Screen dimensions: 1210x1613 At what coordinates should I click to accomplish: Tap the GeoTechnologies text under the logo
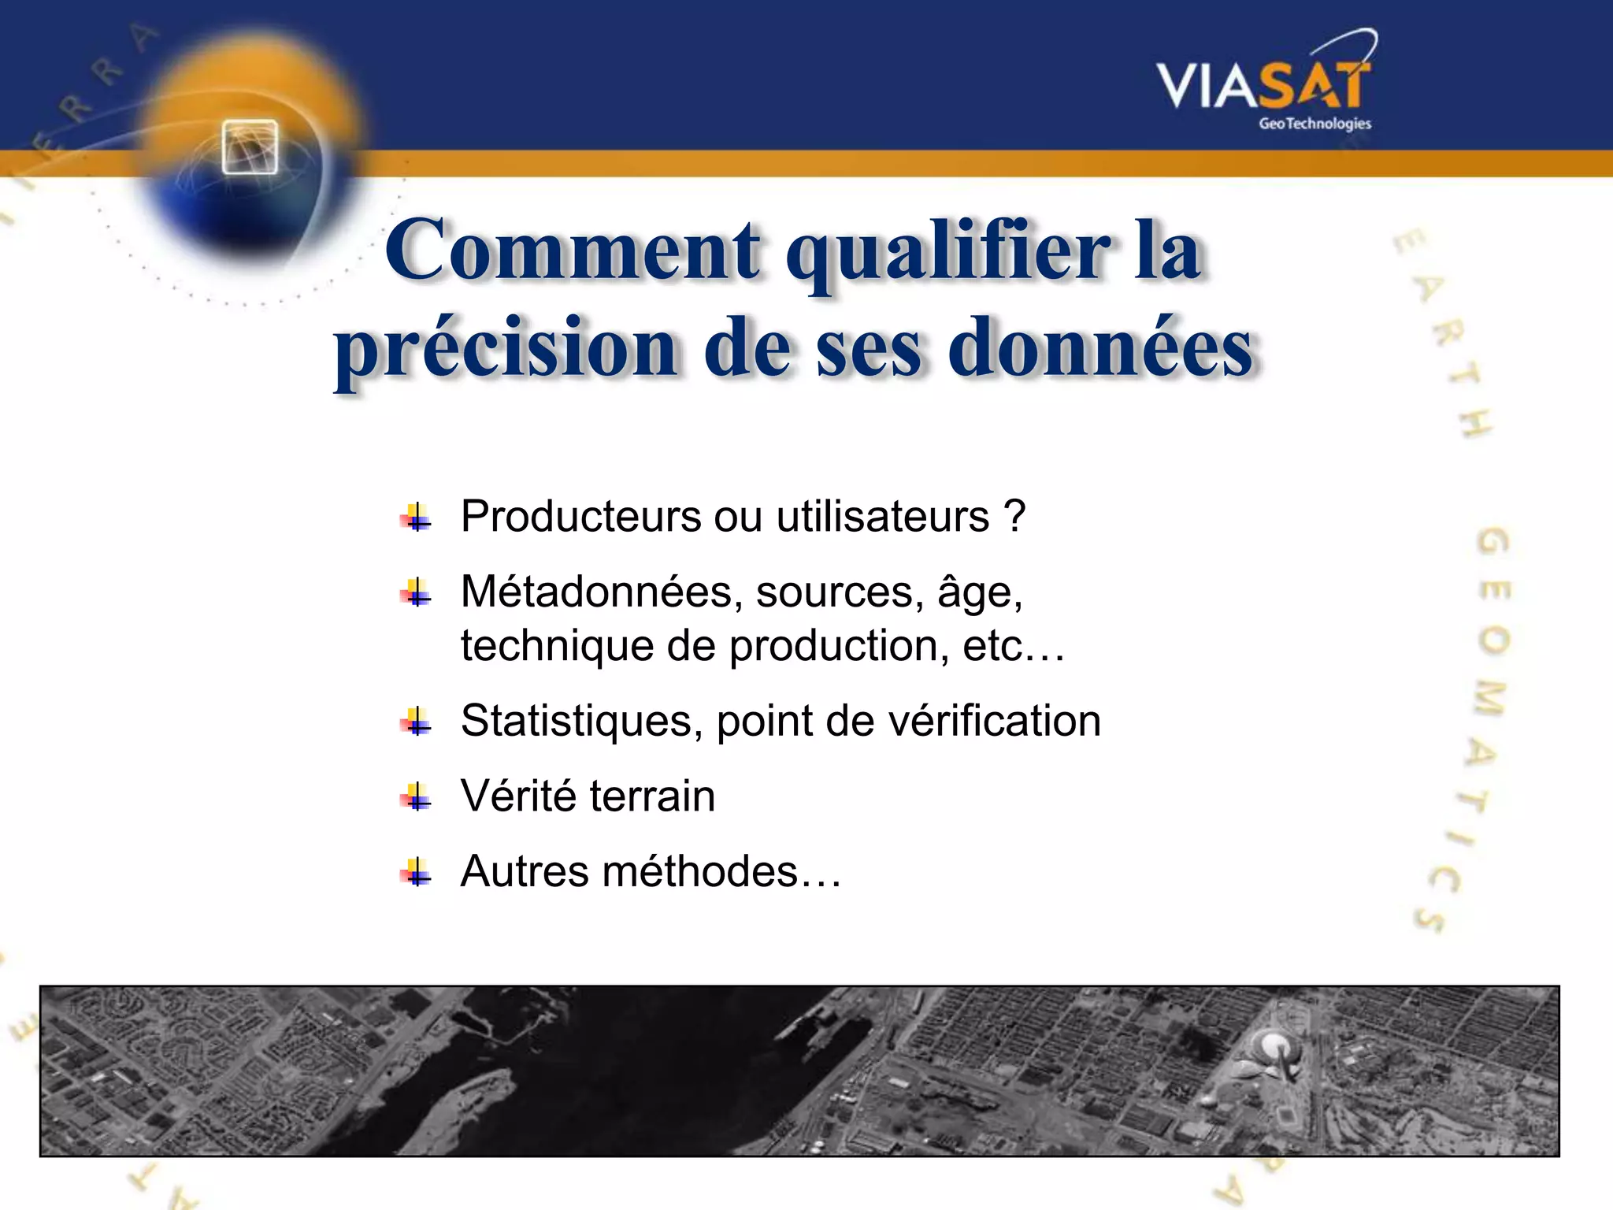[1315, 124]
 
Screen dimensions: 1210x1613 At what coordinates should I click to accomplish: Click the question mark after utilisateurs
[1015, 517]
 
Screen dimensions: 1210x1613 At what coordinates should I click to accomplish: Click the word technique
[557, 646]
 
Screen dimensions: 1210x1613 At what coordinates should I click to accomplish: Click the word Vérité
[519, 796]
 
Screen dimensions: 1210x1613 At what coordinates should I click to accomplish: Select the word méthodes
[700, 871]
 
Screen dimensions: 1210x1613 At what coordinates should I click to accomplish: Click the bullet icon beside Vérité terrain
[416, 797]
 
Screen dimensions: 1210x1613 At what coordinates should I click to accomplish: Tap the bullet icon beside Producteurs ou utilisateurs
[416, 518]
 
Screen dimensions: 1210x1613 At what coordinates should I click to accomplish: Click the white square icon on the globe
[250, 147]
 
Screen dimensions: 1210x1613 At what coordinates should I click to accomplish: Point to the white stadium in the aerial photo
[1270, 1047]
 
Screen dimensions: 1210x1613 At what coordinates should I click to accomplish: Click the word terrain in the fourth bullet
[652, 796]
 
